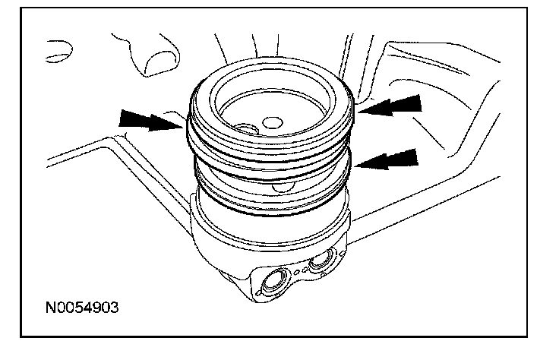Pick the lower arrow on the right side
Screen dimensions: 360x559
point(389,159)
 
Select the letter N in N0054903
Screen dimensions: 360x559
point(49,310)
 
